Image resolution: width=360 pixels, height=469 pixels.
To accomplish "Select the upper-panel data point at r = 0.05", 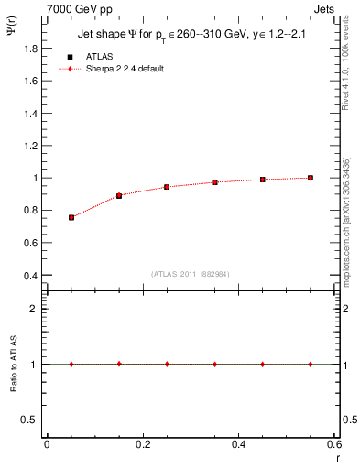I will pos(71,217).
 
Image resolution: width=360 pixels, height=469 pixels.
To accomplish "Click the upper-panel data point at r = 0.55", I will pos(311,178).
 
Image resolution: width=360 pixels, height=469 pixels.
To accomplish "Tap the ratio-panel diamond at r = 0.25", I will pos(167,364).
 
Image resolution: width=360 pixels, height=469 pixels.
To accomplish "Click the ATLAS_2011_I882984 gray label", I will pos(190,274).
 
